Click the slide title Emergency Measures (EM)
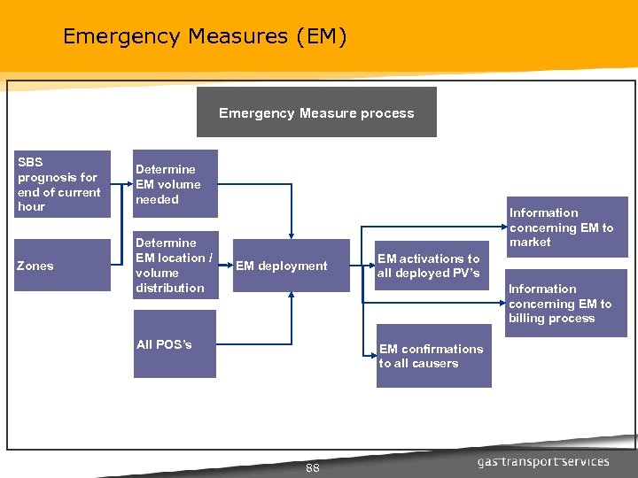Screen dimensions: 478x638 [x=205, y=36]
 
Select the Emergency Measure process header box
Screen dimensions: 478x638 [x=316, y=112]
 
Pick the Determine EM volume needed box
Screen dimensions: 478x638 [x=175, y=184]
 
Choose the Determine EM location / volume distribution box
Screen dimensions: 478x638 [x=175, y=266]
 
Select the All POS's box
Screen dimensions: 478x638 [x=175, y=352]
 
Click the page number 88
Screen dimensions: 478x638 [x=313, y=467]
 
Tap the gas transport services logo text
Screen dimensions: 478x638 [x=543, y=461]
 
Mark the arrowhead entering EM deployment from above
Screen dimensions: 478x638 [x=292, y=235]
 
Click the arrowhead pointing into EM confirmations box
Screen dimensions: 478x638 [x=372, y=354]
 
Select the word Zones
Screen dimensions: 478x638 [x=35, y=266]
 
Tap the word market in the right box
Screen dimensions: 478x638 [x=530, y=242]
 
